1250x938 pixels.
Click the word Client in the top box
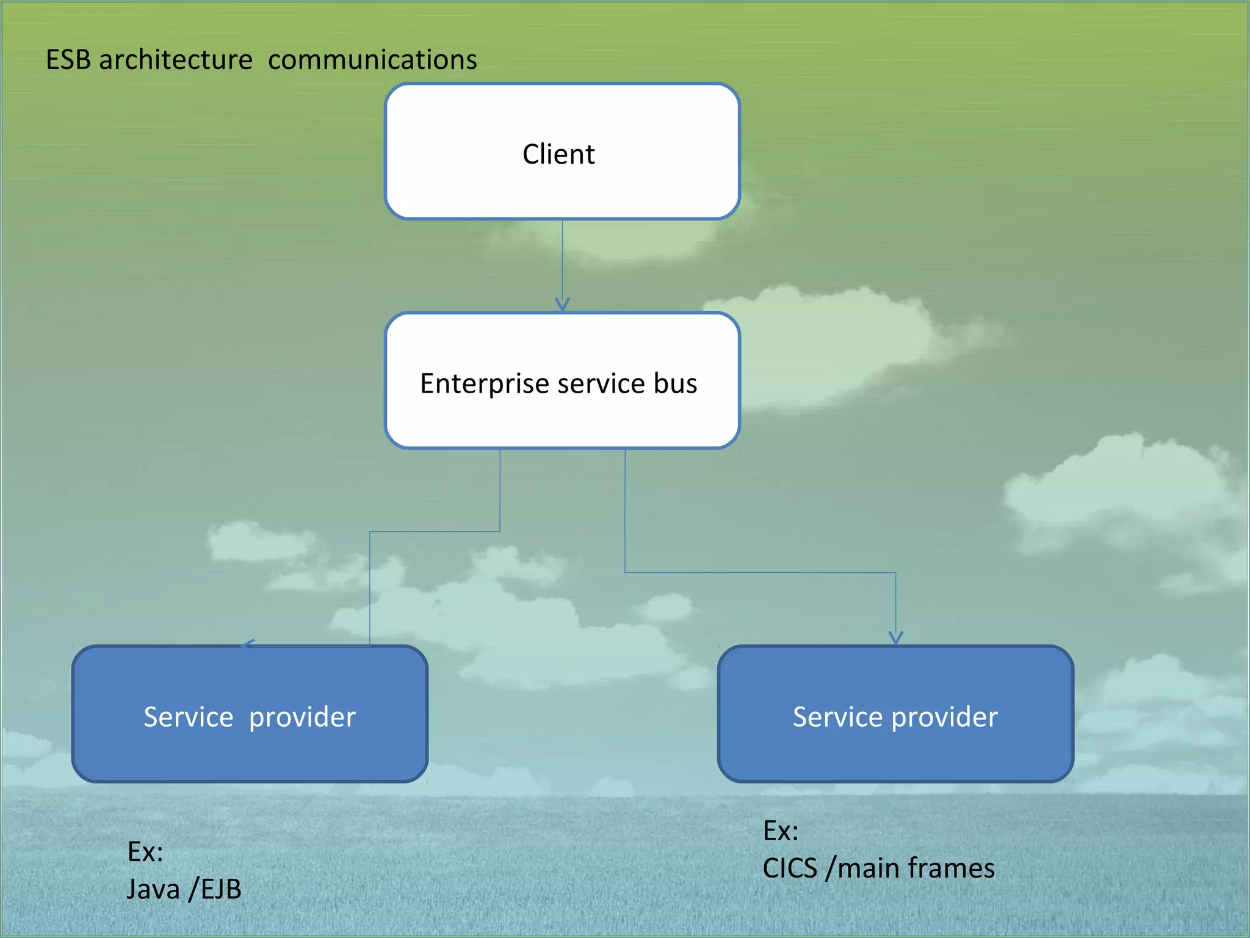(558, 154)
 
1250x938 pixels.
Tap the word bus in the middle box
(675, 384)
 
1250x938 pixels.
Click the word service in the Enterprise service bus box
(601, 384)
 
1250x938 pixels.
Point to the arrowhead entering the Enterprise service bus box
(562, 304)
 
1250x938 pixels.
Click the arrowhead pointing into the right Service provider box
(895, 638)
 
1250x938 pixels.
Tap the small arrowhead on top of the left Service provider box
(248, 644)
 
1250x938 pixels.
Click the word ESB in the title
(68, 60)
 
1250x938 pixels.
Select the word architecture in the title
(175, 60)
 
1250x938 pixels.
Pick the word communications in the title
(372, 60)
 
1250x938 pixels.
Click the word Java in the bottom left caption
(153, 889)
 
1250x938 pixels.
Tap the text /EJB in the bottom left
(215, 889)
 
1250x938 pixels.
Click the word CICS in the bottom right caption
(789, 868)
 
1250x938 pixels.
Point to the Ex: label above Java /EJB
(145, 851)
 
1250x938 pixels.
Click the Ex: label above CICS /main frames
(781, 831)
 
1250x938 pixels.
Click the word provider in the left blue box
(302, 716)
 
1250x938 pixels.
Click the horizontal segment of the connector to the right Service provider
(760, 572)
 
